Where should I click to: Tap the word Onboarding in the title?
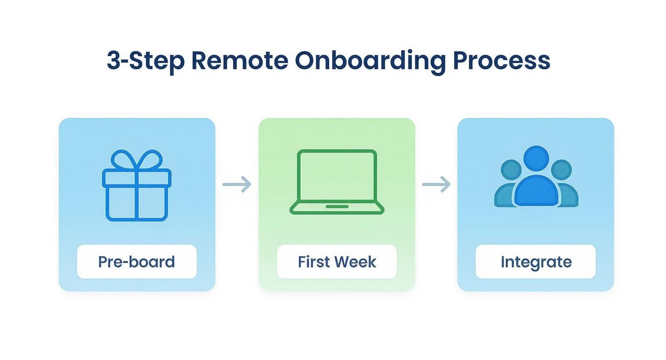pyautogui.click(x=370, y=61)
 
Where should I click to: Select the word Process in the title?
pyautogui.click(x=501, y=61)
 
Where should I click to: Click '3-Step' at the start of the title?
pyautogui.click(x=145, y=61)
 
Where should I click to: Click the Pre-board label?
pyautogui.click(x=136, y=262)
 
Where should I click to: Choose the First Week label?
pyautogui.click(x=337, y=262)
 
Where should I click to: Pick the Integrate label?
pyautogui.click(x=536, y=262)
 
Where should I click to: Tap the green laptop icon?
pyautogui.click(x=337, y=182)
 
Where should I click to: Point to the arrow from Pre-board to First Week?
pyautogui.click(x=237, y=184)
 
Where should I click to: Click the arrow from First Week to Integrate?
pyautogui.click(x=436, y=184)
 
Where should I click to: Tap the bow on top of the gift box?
pyautogui.click(x=136, y=159)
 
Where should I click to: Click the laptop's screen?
pyautogui.click(x=337, y=175)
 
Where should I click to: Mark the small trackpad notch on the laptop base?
pyautogui.click(x=337, y=206)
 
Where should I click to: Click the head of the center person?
pyautogui.click(x=536, y=158)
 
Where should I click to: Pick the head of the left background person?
pyautogui.click(x=511, y=169)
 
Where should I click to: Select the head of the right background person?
pyautogui.click(x=561, y=169)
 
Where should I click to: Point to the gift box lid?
pyautogui.click(x=136, y=179)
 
